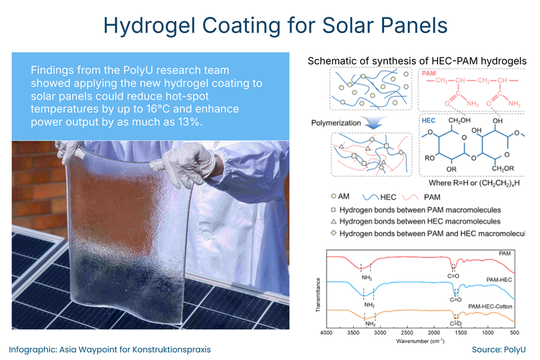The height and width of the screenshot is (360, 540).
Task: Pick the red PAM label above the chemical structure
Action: tap(428, 74)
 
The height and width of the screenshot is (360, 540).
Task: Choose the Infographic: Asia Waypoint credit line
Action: tap(100, 348)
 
